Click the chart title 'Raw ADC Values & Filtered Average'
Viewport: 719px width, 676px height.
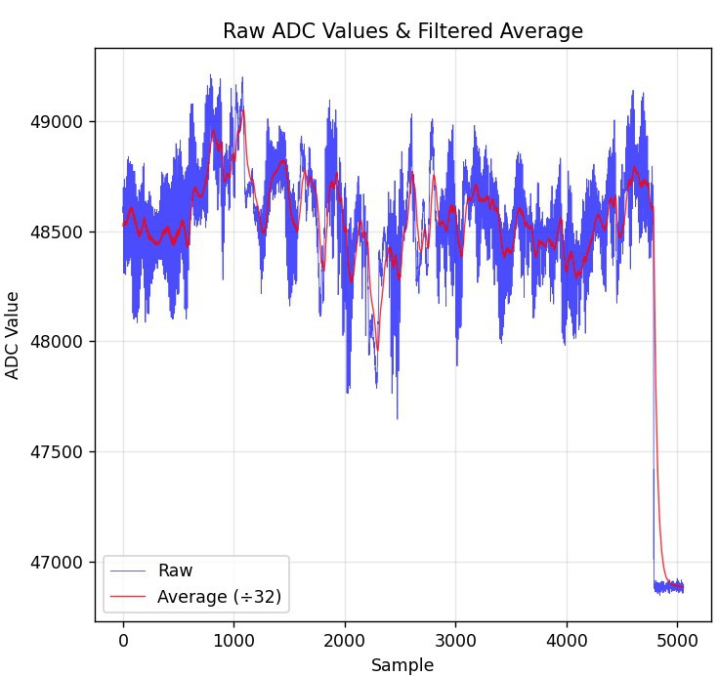tap(402, 31)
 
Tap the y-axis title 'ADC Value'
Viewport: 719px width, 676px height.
tap(13, 335)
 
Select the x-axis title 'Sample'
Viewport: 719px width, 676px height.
tap(402, 665)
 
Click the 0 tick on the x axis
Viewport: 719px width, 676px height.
tap(123, 641)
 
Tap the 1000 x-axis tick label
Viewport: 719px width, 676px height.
tap(233, 641)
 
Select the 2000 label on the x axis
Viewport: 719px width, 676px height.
tap(345, 641)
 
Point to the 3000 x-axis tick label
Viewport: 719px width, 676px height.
tap(455, 641)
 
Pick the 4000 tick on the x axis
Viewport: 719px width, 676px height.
tap(567, 641)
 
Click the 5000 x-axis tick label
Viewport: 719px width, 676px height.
tap(677, 641)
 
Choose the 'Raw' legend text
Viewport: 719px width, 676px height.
tap(175, 571)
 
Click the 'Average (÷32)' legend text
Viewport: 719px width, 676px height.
tap(219, 597)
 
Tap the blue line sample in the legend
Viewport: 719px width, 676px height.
tap(129, 571)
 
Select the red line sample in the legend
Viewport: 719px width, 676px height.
tap(129, 597)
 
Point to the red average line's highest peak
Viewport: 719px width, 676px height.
tap(241, 110)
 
